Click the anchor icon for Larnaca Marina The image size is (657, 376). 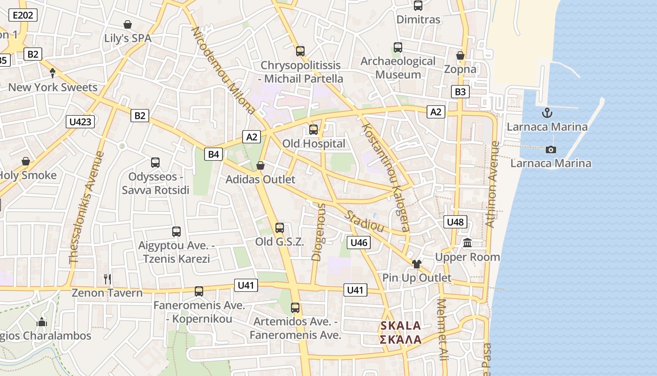pyautogui.click(x=547, y=113)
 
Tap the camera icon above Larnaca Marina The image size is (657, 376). pyautogui.click(x=551, y=149)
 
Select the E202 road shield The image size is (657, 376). pyautogui.click(x=23, y=15)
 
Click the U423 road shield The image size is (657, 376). pyautogui.click(x=80, y=122)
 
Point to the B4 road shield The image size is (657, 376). pyautogui.click(x=214, y=154)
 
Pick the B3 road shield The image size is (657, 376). pyautogui.click(x=460, y=92)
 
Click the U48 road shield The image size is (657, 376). pyautogui.click(x=455, y=222)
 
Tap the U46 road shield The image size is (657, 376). pyautogui.click(x=359, y=243)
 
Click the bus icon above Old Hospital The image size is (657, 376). pyautogui.click(x=313, y=130)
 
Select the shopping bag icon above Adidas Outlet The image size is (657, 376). pyautogui.click(x=260, y=165)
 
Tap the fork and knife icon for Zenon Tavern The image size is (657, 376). pyautogui.click(x=107, y=279)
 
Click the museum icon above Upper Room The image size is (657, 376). pyautogui.click(x=467, y=243)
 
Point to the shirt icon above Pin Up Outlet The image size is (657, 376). pyautogui.click(x=416, y=264)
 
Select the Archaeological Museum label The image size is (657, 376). pyautogui.click(x=398, y=68)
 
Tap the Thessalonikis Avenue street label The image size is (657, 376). pyautogui.click(x=86, y=207)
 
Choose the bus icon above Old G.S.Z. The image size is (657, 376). pyautogui.click(x=280, y=228)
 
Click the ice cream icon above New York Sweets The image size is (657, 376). pyautogui.click(x=53, y=73)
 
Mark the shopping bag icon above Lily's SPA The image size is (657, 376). pyautogui.click(x=128, y=24)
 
